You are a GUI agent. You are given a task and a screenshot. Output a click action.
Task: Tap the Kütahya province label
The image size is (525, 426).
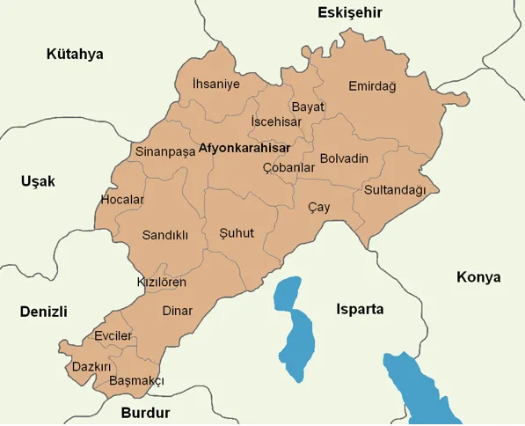click(75, 54)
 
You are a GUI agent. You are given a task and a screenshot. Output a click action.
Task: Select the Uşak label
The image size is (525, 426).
click(38, 181)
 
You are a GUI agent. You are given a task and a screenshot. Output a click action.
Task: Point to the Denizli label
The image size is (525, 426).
click(44, 312)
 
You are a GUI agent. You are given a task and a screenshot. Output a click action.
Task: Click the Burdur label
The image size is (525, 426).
click(145, 412)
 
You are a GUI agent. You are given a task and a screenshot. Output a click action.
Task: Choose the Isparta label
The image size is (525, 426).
click(361, 309)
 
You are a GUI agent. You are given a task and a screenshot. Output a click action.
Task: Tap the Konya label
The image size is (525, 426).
click(478, 277)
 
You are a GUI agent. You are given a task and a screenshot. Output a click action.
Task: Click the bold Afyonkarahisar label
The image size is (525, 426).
click(244, 148)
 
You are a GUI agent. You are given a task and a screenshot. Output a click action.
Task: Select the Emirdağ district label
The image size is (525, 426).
click(372, 86)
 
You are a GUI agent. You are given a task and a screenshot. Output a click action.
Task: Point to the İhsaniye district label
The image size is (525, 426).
click(215, 84)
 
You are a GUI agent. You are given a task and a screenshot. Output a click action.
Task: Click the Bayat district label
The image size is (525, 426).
click(308, 106)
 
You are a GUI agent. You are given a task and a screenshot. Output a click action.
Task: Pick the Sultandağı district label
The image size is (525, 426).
click(395, 190)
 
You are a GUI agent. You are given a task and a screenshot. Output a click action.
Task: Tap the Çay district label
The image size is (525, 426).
click(318, 207)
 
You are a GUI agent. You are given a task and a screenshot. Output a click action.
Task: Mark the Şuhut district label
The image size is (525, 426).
click(236, 233)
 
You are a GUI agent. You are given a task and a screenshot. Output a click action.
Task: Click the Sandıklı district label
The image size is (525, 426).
click(165, 235)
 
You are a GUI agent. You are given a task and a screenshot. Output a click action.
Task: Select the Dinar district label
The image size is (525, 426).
click(177, 310)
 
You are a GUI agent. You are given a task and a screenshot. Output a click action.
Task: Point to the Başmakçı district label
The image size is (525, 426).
click(136, 381)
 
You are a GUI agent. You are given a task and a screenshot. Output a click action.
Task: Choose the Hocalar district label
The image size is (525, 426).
click(122, 200)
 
